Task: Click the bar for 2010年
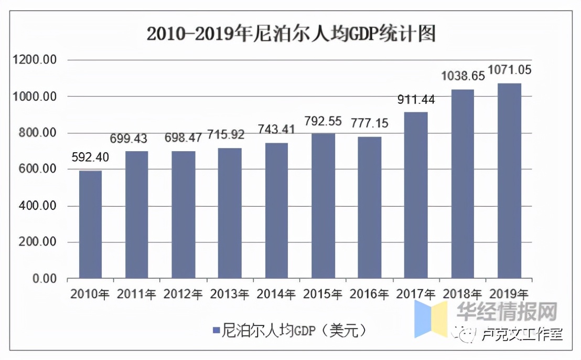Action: (90, 224)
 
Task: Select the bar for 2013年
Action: (230, 213)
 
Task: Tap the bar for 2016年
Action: (370, 207)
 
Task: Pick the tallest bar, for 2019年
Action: (509, 181)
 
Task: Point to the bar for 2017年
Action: (416, 195)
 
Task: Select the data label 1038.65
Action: (462, 76)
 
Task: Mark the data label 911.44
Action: (416, 100)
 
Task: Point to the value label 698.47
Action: (184, 139)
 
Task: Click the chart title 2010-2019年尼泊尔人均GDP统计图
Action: (291, 34)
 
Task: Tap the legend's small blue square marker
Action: (216, 330)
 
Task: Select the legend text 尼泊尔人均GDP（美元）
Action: (294, 330)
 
